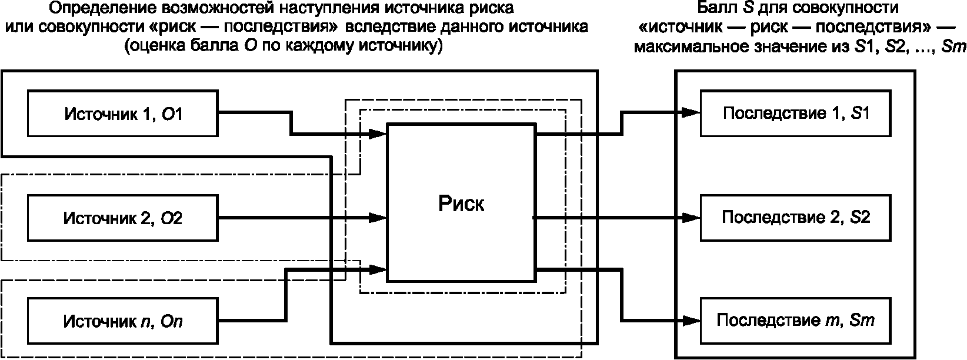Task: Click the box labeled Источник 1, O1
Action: coord(122,113)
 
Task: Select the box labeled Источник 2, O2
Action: coord(122,218)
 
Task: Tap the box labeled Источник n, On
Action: coord(122,322)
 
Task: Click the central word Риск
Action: coord(461,204)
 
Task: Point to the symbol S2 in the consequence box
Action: coord(860,218)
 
